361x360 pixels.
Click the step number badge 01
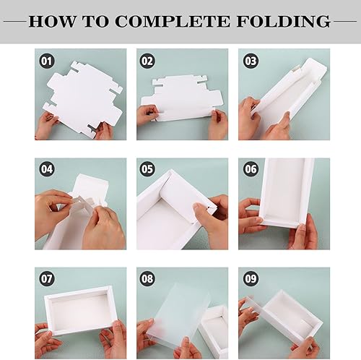pyautogui.click(x=48, y=61)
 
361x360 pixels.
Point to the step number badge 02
pyautogui.click(x=147, y=61)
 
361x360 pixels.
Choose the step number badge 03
pyautogui.click(x=251, y=61)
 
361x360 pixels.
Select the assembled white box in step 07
pyautogui.click(x=80, y=309)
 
